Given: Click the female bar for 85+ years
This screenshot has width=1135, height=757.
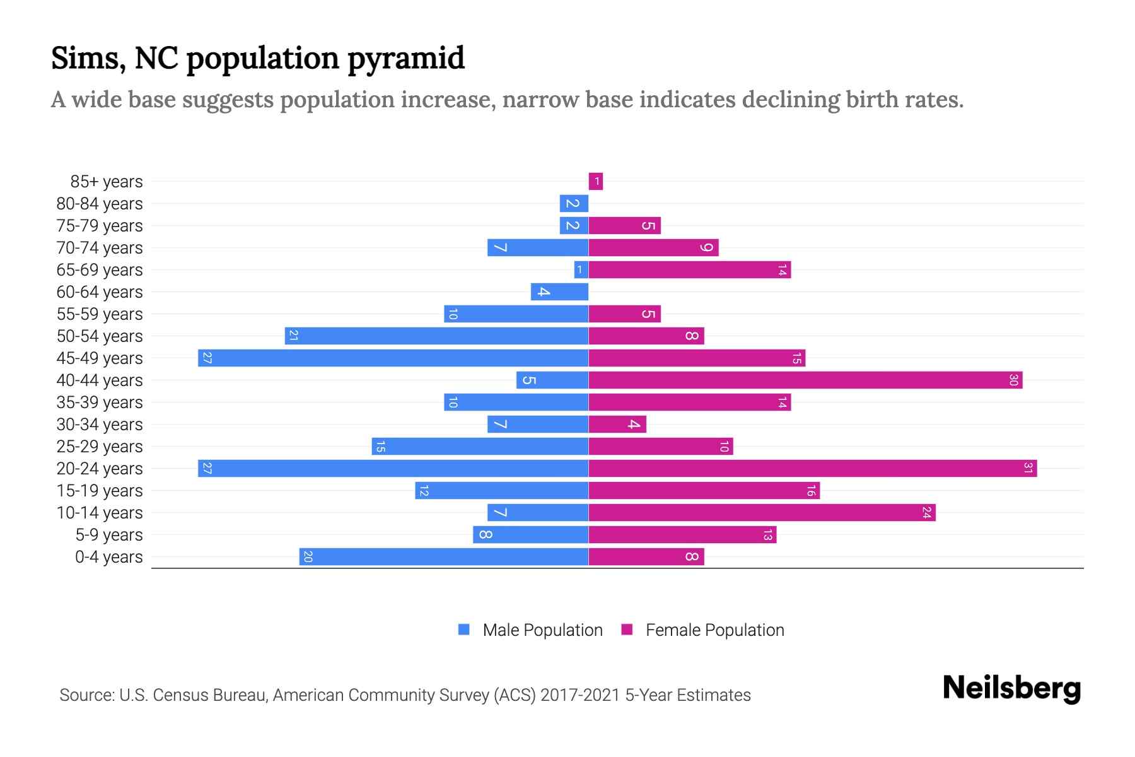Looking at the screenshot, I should (x=595, y=182).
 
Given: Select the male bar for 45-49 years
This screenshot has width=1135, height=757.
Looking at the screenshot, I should (x=393, y=358).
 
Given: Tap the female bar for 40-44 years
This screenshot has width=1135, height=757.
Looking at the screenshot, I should (x=805, y=380).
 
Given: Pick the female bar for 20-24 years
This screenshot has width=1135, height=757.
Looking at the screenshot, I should (x=812, y=469).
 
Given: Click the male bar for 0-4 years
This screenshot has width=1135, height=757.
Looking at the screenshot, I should (x=444, y=557).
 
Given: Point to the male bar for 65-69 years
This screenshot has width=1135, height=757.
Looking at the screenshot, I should (x=581, y=270).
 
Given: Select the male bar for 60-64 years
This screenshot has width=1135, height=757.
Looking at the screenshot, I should (x=559, y=292).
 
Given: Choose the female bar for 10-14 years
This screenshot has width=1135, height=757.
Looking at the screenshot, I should (x=762, y=513).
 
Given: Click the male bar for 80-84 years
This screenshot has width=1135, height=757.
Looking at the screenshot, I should (x=574, y=204).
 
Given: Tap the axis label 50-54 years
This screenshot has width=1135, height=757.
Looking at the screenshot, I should (x=100, y=336).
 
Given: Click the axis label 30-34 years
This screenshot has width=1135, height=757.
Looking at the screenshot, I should (x=100, y=425).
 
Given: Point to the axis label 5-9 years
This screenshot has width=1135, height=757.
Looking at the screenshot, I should (x=108, y=535).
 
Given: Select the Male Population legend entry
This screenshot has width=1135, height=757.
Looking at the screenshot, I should (x=542, y=630).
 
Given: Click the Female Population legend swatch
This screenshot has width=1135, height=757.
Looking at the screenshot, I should (x=627, y=630).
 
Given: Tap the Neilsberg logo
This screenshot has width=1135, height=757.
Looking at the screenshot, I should (x=1011, y=688).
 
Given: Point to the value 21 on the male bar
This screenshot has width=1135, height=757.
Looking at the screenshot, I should (x=293, y=336).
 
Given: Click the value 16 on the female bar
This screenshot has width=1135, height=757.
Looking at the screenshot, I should (x=811, y=491).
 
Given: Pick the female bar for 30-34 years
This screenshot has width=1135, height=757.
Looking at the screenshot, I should (x=617, y=425).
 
